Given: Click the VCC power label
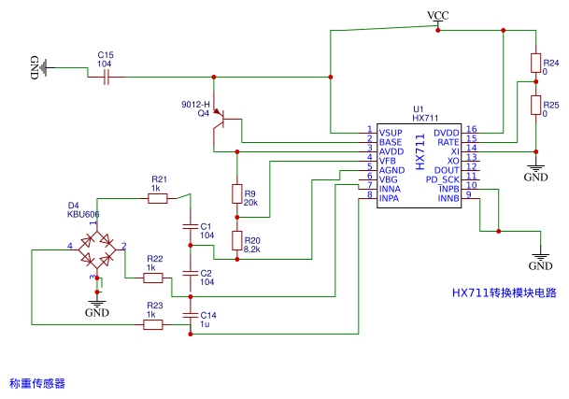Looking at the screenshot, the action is (x=437, y=15).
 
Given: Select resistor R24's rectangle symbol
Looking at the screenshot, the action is (x=535, y=64).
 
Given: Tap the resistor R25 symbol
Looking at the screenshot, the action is (x=535, y=105).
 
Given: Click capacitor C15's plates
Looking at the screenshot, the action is (x=106, y=77).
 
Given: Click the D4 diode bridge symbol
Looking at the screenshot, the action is (x=97, y=250).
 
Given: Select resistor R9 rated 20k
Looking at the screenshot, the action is (x=237, y=193).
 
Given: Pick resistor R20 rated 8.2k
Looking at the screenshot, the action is (x=237, y=240).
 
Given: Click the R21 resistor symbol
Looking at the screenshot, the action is (x=158, y=199).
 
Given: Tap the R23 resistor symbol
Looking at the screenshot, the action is (x=153, y=324).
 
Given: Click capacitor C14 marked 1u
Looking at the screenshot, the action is (x=191, y=315).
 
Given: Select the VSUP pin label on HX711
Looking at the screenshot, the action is (x=391, y=133).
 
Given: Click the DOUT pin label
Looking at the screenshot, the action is (x=447, y=170).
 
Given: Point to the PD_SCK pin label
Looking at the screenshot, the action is (x=443, y=179).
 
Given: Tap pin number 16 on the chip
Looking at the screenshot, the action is (x=472, y=129).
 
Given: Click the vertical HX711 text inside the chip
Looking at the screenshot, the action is (x=420, y=151).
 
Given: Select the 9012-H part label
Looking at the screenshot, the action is (x=195, y=105).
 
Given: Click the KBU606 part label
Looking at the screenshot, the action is (x=83, y=214).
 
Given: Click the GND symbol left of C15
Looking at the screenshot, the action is (x=39, y=67).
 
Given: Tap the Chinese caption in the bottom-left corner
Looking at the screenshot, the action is (x=37, y=383).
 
